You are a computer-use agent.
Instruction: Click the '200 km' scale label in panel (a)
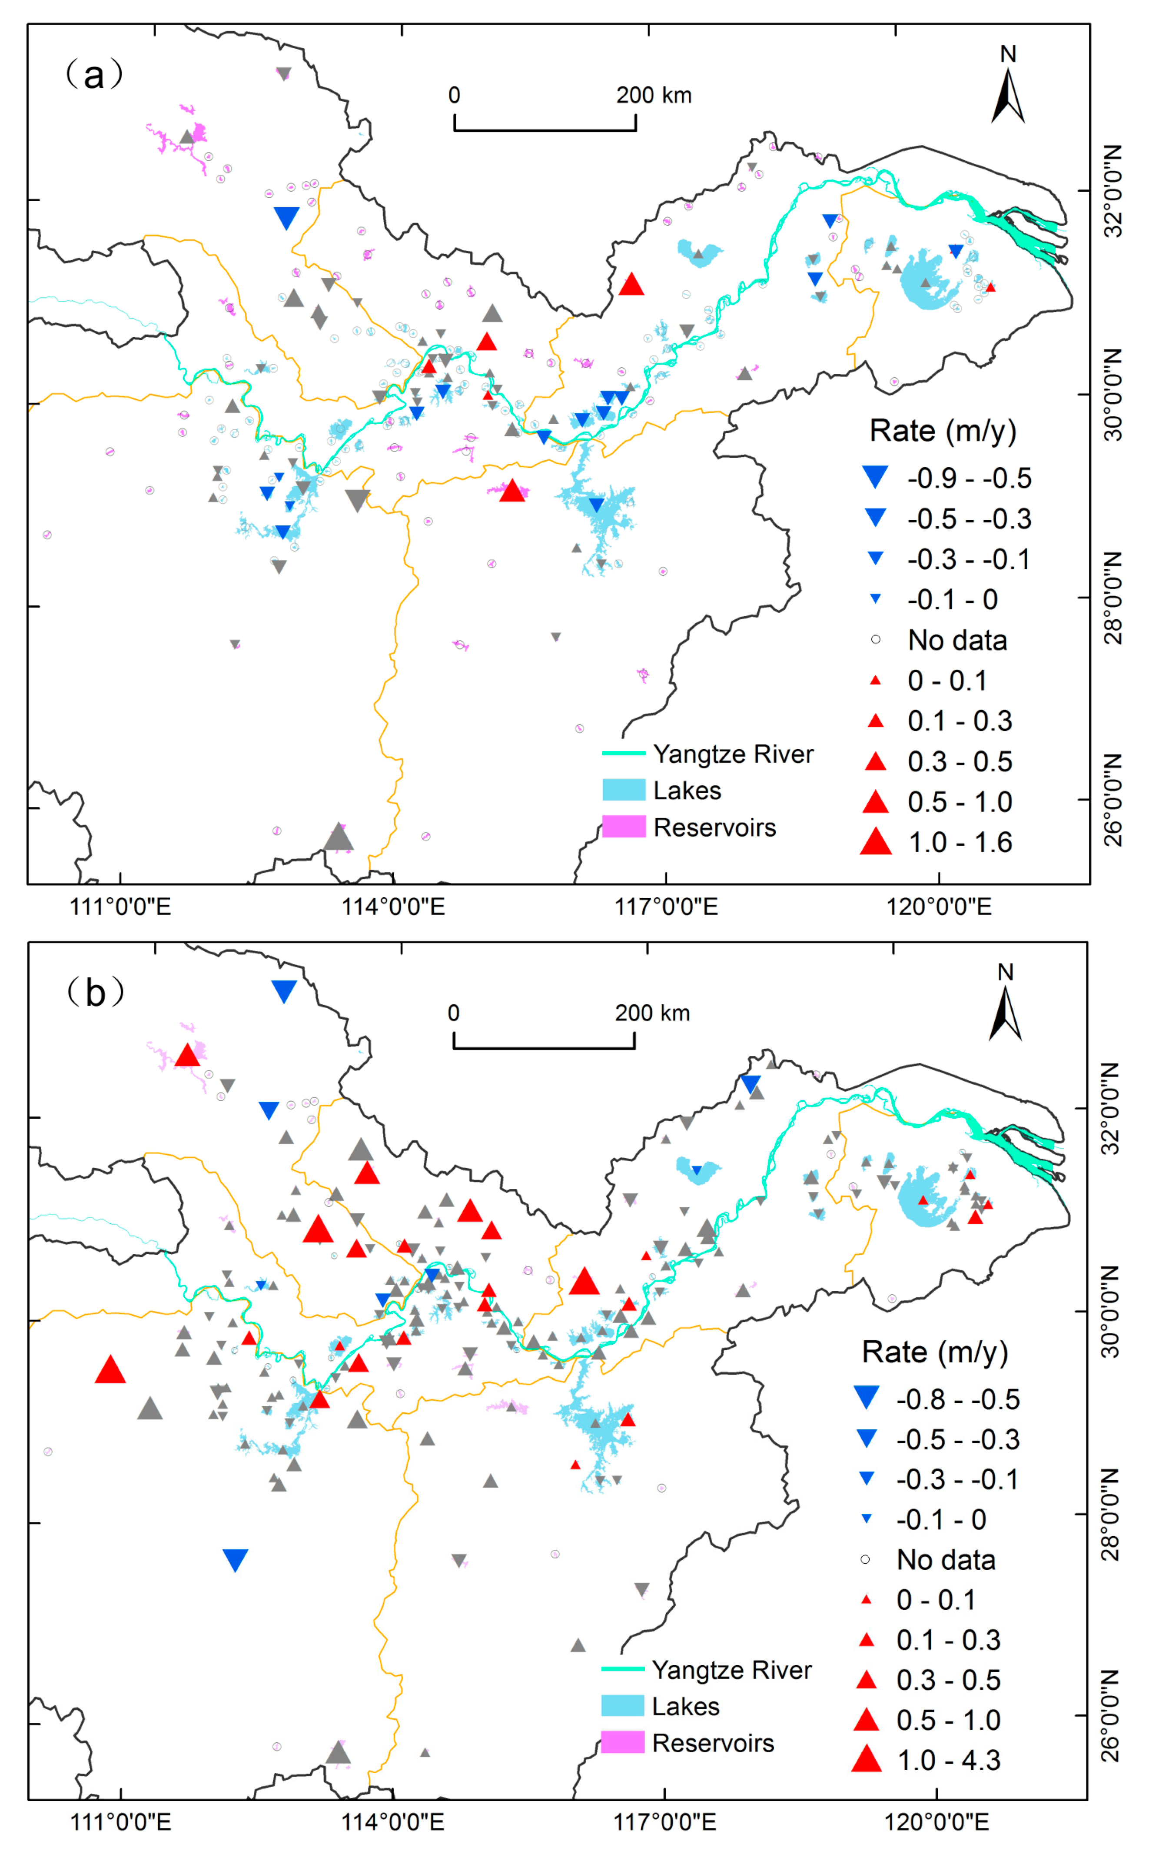[x=654, y=96]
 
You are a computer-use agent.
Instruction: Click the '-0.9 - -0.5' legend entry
[x=969, y=478]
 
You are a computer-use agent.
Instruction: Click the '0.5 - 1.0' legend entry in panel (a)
[x=960, y=802]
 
